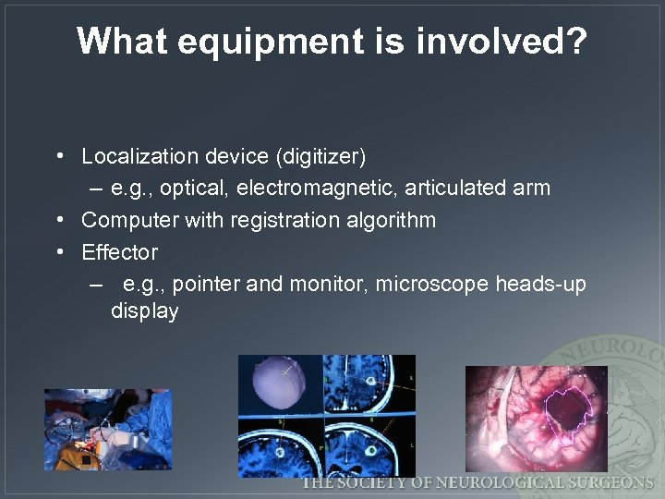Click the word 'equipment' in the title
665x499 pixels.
click(x=248, y=42)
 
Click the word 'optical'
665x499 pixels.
click(x=197, y=189)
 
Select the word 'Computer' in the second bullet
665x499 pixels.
click(x=130, y=220)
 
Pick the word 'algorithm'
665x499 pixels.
click(x=393, y=220)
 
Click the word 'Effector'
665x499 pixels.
click(x=119, y=251)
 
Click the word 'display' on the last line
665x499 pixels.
click(x=144, y=310)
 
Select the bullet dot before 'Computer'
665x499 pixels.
click(x=58, y=220)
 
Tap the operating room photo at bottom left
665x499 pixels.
click(x=108, y=429)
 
